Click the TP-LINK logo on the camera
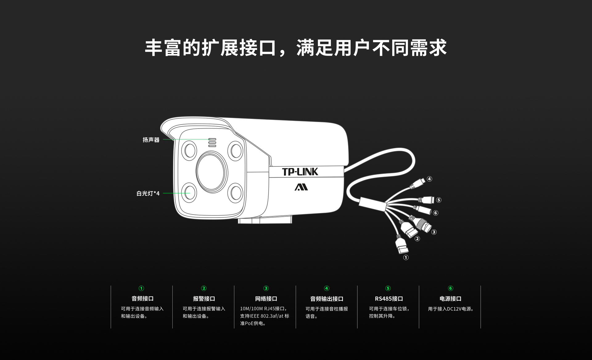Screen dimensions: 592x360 pos(300,172)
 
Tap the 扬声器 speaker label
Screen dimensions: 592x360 pos(151,140)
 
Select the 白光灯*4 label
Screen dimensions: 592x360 pos(148,193)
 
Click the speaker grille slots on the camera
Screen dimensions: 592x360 pos(212,142)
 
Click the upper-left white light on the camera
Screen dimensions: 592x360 pos(189,150)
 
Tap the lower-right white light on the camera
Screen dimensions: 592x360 pos(236,192)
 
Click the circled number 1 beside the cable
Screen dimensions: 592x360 pos(406,257)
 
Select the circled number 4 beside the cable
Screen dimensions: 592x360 pos(429,179)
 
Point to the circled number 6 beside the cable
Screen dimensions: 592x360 pos(435,213)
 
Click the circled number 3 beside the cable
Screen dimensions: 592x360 pos(434,232)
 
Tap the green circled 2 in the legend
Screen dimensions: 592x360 pos(203,288)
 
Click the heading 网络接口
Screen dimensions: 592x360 pos(266,299)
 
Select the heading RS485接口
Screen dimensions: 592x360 pos(389,299)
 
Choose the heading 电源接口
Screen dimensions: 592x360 pos(450,299)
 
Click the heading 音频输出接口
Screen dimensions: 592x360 pos(327,299)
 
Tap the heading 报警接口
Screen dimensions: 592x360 pos(204,299)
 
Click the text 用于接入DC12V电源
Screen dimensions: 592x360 pos(450,309)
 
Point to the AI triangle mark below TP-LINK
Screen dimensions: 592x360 pos(301,187)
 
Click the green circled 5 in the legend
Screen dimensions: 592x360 pos(388,288)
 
